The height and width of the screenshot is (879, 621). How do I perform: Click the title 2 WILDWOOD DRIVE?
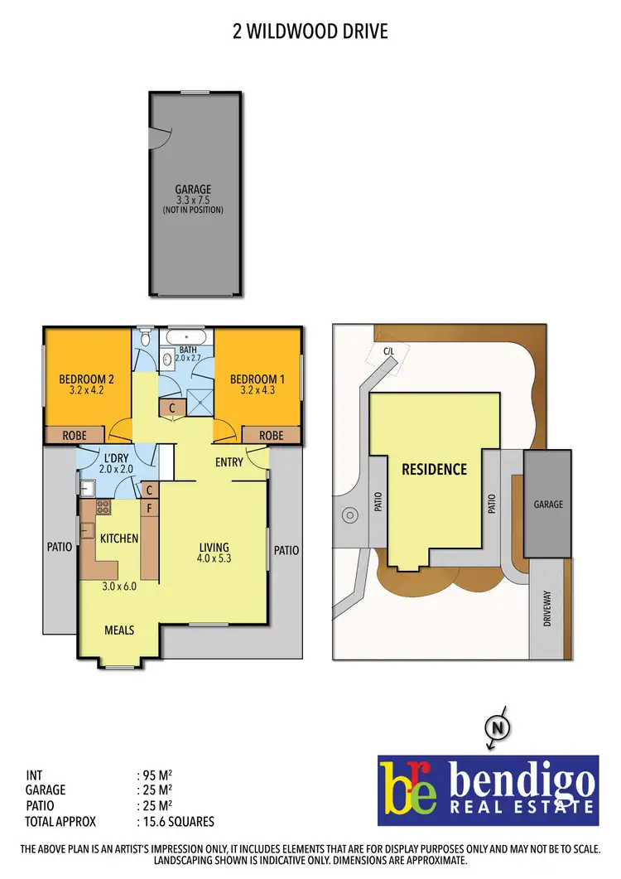[310, 31]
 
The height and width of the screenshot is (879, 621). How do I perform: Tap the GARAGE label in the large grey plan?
[193, 189]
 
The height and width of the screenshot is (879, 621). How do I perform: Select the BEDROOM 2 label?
[86, 379]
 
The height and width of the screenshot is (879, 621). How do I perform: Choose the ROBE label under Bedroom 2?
[75, 435]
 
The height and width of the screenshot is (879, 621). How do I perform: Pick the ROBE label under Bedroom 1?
[271, 435]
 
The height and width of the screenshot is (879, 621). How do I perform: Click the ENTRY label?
[229, 461]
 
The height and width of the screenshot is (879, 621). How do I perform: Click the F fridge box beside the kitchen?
[150, 509]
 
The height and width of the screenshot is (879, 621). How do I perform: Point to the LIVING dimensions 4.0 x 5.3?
[213, 558]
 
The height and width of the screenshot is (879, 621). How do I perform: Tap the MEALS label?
[119, 630]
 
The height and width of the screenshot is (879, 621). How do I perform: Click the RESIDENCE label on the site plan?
[434, 470]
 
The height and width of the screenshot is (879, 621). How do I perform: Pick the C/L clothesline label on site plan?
[389, 350]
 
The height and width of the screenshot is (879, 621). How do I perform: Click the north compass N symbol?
[498, 729]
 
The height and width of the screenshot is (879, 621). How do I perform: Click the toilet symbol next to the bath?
[146, 338]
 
